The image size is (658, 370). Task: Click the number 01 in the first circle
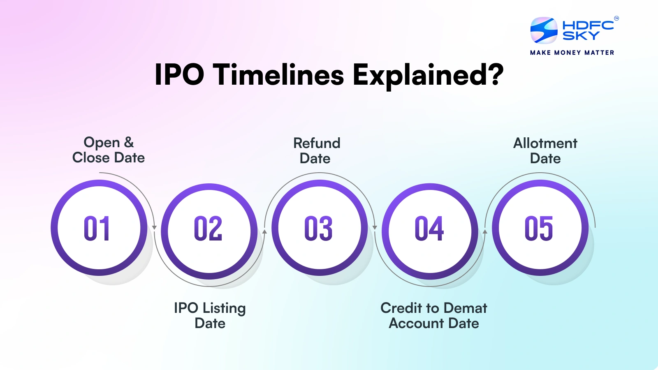(97, 229)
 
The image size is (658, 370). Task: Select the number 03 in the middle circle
(318, 229)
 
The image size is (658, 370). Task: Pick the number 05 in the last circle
(539, 229)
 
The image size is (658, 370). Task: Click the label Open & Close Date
(109, 150)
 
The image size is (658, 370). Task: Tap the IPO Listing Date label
(210, 315)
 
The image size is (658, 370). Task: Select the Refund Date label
(317, 151)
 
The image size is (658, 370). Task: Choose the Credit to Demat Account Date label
(434, 315)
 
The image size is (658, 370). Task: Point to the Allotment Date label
(545, 151)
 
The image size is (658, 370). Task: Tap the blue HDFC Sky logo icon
(544, 30)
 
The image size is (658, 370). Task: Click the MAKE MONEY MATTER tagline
(572, 53)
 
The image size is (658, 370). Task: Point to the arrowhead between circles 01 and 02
(155, 227)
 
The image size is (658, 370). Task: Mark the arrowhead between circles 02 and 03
(264, 232)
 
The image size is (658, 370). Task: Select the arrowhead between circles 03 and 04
(375, 227)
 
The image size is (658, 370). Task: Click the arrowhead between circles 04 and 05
(485, 232)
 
